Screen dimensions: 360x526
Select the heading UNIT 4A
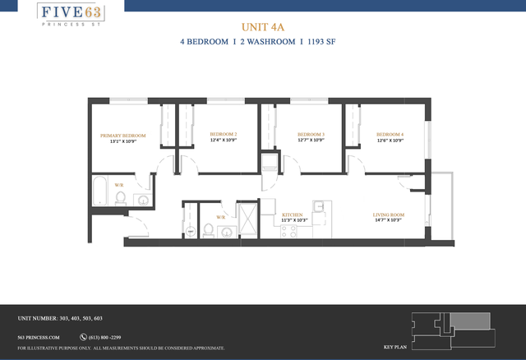click(x=263, y=26)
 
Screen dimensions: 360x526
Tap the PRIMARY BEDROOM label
click(x=122, y=135)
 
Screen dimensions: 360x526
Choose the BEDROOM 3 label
click(x=311, y=134)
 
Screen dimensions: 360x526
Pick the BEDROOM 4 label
click(x=390, y=134)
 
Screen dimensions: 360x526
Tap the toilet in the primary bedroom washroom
click(x=121, y=198)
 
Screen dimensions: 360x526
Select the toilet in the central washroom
click(x=209, y=229)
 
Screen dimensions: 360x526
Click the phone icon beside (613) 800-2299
click(x=83, y=337)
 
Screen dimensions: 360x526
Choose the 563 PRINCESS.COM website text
click(x=39, y=337)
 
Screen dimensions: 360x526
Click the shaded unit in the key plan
click(x=469, y=320)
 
